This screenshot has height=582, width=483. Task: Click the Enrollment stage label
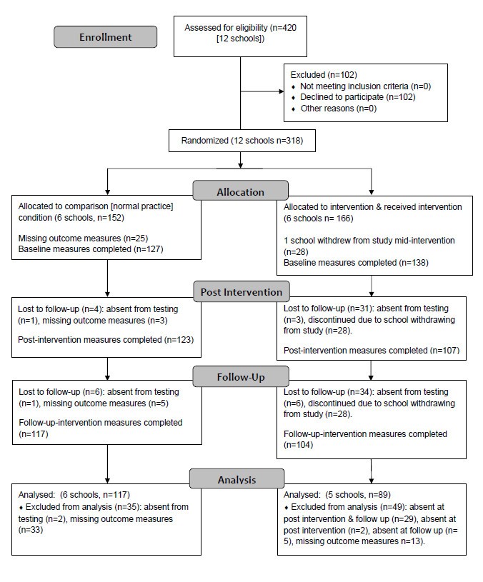[105, 36]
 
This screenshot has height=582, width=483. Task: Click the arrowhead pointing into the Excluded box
[279, 91]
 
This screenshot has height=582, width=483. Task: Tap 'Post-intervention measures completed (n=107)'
[371, 351]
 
